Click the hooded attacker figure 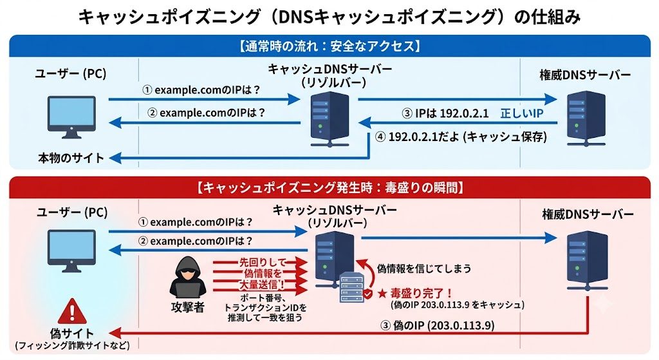point(188,278)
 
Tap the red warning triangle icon point(72,312)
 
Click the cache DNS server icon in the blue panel point(330,120)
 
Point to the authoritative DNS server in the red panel point(587,261)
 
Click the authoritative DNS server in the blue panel point(586,120)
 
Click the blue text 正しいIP point(521,113)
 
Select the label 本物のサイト point(71,158)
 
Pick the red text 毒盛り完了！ point(421,293)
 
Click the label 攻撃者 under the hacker point(187,307)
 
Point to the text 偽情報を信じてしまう point(424,269)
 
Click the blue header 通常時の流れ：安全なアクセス point(330,46)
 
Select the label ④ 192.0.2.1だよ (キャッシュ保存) point(461,137)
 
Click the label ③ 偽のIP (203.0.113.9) point(437,325)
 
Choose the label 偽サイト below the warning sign point(72,334)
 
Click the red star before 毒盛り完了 point(382,294)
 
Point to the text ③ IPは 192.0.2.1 point(445,113)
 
